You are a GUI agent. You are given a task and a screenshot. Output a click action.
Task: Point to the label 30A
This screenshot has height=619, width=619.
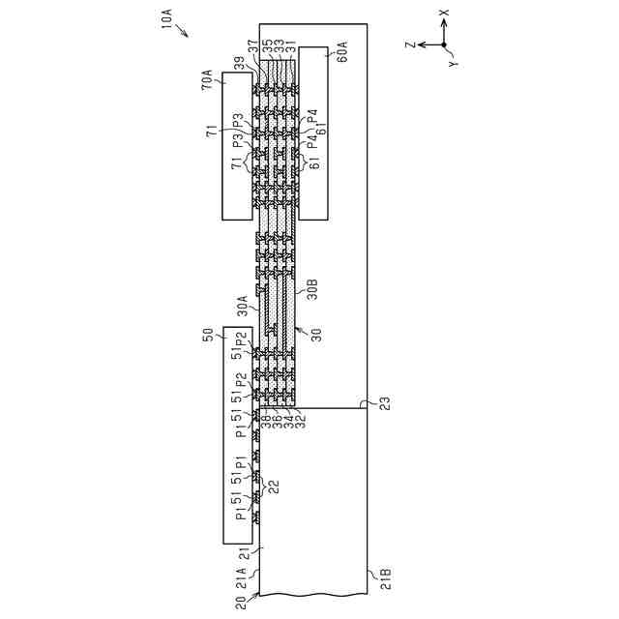click(x=244, y=306)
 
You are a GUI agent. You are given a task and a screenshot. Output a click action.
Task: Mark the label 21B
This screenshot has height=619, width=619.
click(x=384, y=579)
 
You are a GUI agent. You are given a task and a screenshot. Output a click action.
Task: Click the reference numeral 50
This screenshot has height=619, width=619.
click(x=207, y=336)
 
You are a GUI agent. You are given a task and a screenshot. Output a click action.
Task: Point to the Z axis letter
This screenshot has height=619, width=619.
click(x=410, y=44)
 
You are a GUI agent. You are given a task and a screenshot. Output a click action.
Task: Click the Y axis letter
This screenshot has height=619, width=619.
click(x=452, y=63)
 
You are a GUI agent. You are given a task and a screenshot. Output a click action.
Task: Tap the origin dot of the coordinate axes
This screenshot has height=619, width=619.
click(x=444, y=44)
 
